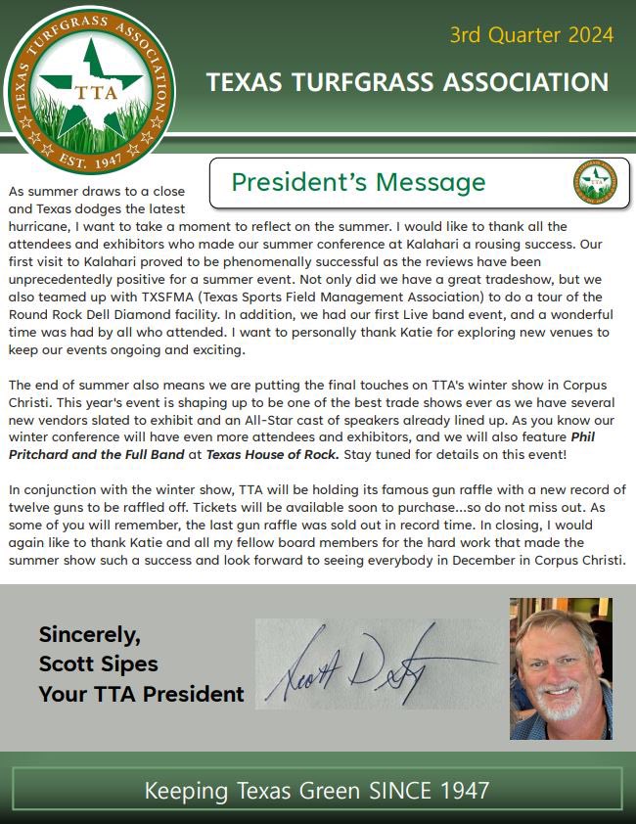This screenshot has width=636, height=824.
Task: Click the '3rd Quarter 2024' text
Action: (531, 35)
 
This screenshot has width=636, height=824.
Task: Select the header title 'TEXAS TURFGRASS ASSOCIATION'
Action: (407, 82)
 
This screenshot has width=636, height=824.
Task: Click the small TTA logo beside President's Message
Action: (595, 182)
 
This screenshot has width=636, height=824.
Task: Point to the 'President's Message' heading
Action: (358, 182)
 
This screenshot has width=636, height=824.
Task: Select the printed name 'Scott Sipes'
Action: (98, 664)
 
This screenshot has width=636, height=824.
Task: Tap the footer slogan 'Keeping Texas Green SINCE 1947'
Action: (317, 789)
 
